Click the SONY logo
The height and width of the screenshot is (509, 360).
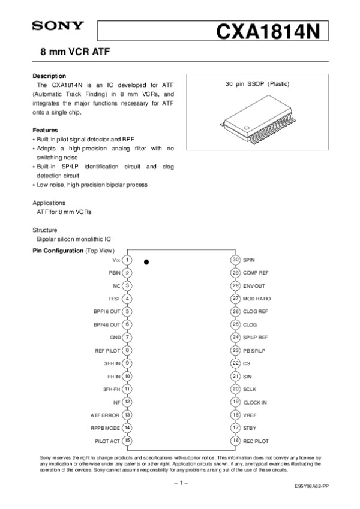coord(58,26)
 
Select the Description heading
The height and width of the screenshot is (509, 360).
coord(49,76)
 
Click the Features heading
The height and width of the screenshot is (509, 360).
coord(45,130)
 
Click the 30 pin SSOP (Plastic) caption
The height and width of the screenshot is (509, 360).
coord(257,83)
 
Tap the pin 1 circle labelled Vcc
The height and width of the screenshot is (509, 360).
coord(128,260)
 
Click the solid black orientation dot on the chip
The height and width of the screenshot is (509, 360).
coord(146,262)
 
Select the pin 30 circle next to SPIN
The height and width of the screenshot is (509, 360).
coord(236,260)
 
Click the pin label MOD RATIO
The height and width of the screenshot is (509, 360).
coord(257,299)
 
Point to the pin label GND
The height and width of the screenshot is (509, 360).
coord(116,338)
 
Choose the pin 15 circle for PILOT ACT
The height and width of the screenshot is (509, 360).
coord(128,440)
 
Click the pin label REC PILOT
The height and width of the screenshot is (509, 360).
coord(256,441)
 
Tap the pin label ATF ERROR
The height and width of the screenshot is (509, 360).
coord(105,415)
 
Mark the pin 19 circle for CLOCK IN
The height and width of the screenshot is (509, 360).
coord(236,402)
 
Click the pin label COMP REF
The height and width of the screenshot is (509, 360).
coord(256,273)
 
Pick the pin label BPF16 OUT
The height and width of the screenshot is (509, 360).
coord(107,312)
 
